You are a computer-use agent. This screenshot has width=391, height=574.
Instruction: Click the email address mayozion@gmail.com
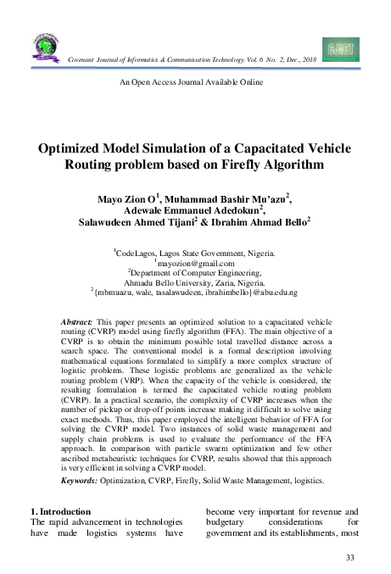(196, 264)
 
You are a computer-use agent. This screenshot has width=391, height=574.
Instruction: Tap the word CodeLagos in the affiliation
(137, 253)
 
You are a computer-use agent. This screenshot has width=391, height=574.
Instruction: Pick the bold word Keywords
(85, 481)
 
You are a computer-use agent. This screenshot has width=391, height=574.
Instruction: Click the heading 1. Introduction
(60, 512)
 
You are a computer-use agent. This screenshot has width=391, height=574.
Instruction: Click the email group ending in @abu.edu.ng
(197, 293)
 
